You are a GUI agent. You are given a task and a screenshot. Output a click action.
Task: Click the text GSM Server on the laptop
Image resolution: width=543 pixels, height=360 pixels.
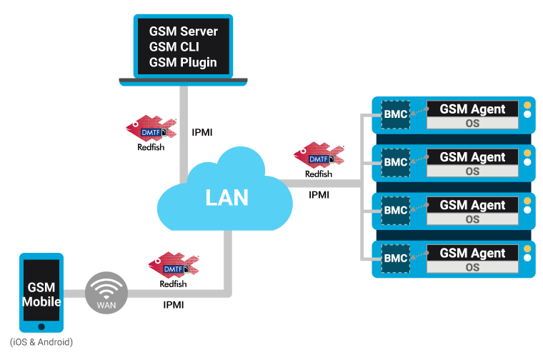pos(184,31)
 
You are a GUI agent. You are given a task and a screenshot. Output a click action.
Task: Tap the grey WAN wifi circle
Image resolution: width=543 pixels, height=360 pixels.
pos(105,294)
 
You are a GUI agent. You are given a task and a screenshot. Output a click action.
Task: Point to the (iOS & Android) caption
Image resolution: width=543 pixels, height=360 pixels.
pos(41,342)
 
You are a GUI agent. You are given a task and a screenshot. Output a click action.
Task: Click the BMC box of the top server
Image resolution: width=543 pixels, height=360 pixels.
pos(395,114)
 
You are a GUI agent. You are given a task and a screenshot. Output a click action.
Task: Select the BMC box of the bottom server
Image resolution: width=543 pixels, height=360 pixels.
pos(395,258)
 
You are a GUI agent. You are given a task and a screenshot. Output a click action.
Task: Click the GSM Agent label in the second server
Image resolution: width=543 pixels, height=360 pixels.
pos(472,157)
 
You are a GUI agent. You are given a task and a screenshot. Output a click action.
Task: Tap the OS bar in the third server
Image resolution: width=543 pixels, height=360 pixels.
pos(472,219)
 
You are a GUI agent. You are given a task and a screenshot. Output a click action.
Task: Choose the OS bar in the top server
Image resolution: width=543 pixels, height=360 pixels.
pos(472,123)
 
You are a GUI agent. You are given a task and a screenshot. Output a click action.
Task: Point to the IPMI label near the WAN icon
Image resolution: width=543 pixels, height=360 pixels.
pos(174,305)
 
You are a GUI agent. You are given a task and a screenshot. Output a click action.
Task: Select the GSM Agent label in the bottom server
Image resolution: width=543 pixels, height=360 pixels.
pos(472,253)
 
